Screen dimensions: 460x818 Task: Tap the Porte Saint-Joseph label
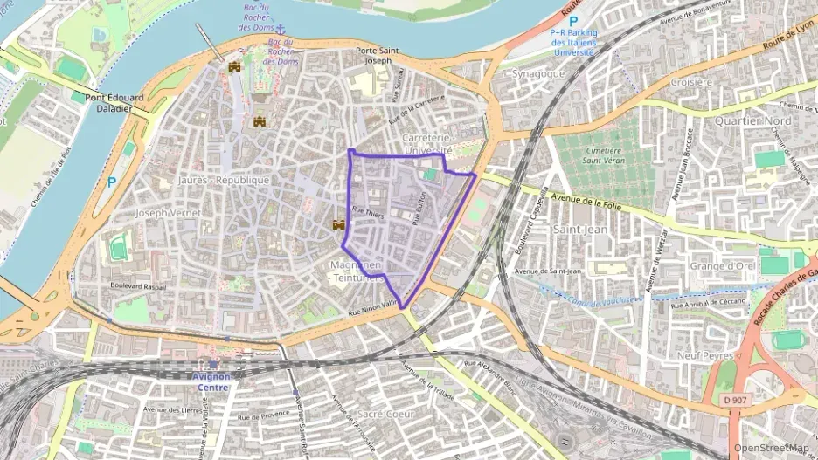click(378, 56)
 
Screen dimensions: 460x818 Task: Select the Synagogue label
click(537, 73)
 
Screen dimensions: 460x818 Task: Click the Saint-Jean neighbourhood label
click(580, 229)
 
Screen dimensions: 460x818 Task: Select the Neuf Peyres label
click(704, 355)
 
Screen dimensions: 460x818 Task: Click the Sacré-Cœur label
click(386, 414)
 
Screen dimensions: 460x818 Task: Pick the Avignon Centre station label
click(209, 381)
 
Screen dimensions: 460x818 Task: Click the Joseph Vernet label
click(169, 212)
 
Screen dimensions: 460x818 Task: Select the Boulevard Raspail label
click(138, 285)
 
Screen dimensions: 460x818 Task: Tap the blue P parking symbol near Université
click(573, 21)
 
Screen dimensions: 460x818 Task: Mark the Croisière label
click(691, 82)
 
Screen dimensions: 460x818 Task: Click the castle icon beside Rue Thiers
click(337, 224)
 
